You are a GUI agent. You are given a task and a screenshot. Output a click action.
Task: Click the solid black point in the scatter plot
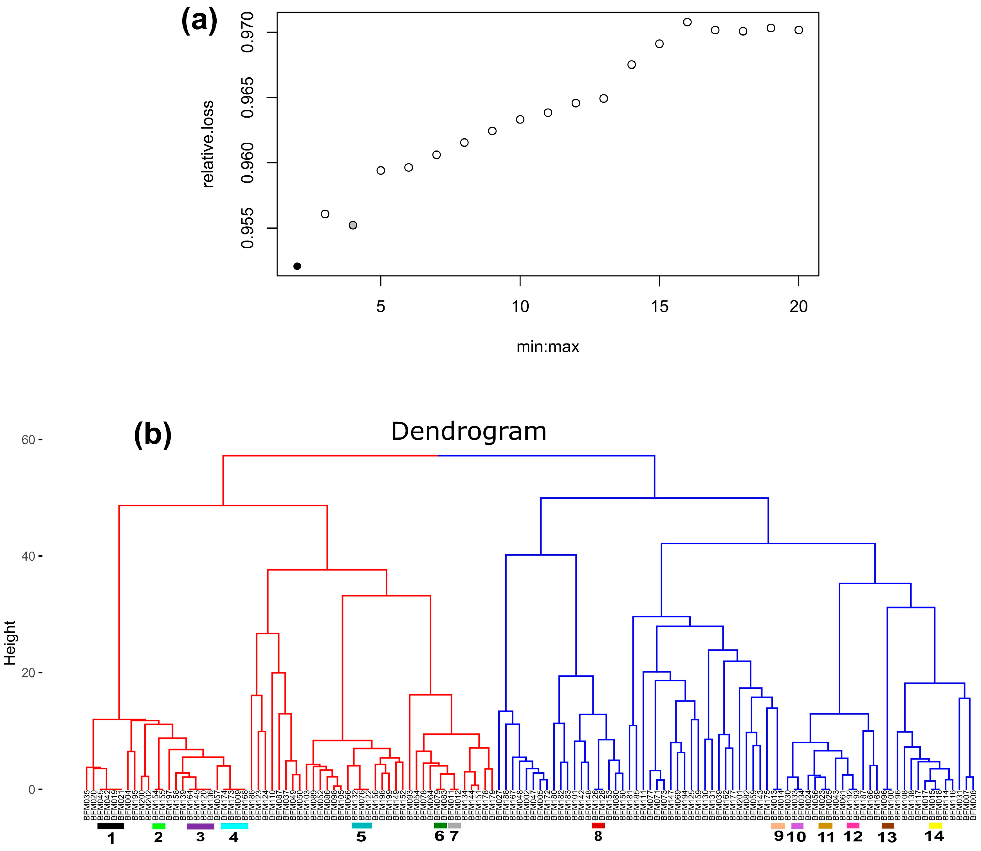click(297, 266)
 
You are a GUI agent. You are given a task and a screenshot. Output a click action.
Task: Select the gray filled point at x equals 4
click(353, 225)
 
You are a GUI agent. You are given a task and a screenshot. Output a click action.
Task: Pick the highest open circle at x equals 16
click(687, 22)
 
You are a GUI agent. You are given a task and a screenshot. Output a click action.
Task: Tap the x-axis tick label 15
click(659, 307)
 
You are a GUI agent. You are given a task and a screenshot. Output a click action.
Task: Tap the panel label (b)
click(152, 434)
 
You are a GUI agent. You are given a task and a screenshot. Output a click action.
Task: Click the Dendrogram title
click(469, 432)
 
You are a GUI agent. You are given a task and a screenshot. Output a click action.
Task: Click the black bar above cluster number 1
click(110, 826)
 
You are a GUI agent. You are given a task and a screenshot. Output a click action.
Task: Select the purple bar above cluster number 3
click(200, 826)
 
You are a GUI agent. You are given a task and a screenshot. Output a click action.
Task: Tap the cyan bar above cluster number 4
click(234, 826)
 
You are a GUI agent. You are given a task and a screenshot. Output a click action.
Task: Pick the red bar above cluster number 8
click(598, 826)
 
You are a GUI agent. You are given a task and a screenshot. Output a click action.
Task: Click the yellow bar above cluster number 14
click(935, 826)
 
